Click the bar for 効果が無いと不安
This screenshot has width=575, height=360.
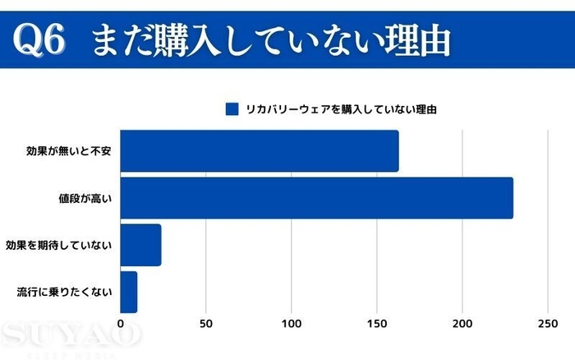click(x=259, y=151)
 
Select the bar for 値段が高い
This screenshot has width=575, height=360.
click(x=316, y=198)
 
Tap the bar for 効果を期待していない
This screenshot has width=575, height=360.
click(x=140, y=245)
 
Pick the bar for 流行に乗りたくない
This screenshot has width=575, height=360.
click(x=129, y=291)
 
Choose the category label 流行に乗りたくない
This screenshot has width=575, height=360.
click(x=65, y=292)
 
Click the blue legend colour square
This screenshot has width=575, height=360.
click(x=232, y=108)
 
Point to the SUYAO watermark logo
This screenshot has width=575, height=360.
click(x=71, y=335)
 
